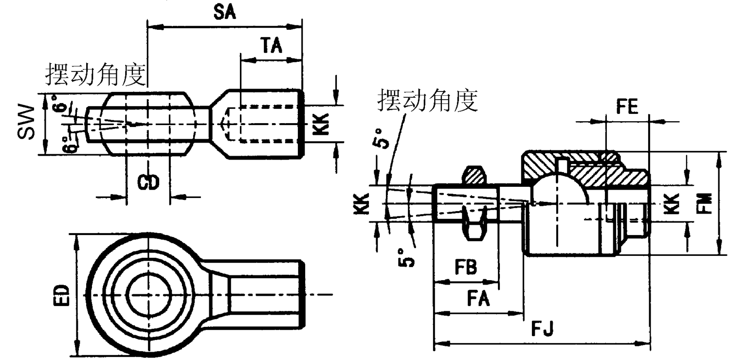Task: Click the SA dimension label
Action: pyautogui.click(x=224, y=12)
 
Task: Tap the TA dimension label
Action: pyautogui.click(x=272, y=45)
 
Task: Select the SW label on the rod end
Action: pyautogui.click(x=27, y=122)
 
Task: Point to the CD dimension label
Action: pyautogui.click(x=148, y=182)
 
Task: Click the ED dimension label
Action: pyautogui.click(x=62, y=295)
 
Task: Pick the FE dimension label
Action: pyautogui.click(x=627, y=107)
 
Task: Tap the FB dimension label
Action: pyautogui.click(x=466, y=267)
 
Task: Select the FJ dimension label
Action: pyautogui.click(x=542, y=328)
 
